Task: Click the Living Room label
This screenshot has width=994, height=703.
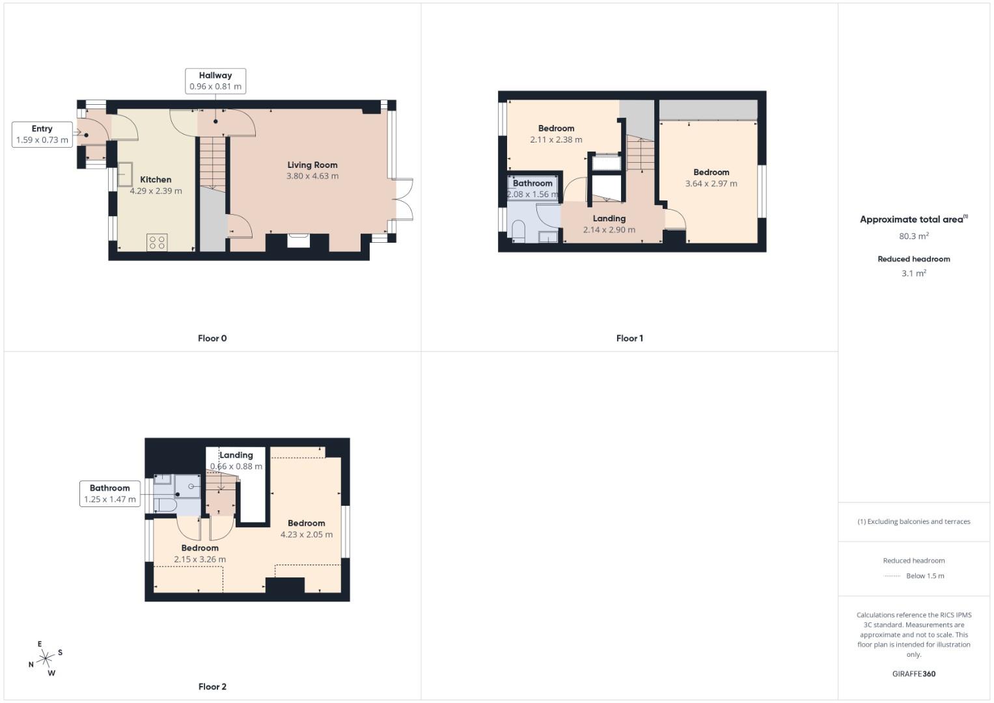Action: point(312,165)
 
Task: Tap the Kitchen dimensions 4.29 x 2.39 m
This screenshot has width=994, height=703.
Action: point(156,191)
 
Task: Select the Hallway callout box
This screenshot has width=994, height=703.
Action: point(215,81)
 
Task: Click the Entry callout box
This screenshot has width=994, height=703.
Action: point(42,134)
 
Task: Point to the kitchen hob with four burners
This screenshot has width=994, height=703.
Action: point(157,242)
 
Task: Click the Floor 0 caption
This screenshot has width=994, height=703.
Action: point(212,338)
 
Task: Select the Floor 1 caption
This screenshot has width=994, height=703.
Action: point(629,338)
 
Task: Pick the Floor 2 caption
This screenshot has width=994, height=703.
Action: point(212,687)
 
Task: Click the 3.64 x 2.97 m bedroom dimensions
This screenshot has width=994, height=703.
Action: point(711,184)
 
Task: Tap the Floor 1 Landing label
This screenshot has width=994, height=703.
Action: point(609,219)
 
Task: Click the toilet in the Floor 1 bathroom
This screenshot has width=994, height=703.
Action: point(519,231)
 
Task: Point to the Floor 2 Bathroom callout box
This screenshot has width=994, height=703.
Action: point(110,493)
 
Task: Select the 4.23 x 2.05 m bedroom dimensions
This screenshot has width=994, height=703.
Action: point(307,534)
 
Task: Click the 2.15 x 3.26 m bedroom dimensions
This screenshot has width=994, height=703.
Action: point(200,559)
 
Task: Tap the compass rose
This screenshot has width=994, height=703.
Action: point(46,659)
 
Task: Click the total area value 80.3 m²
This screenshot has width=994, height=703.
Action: point(914,236)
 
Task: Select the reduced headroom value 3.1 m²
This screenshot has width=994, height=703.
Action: point(914,273)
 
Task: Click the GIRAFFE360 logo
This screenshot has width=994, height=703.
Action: point(914,674)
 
